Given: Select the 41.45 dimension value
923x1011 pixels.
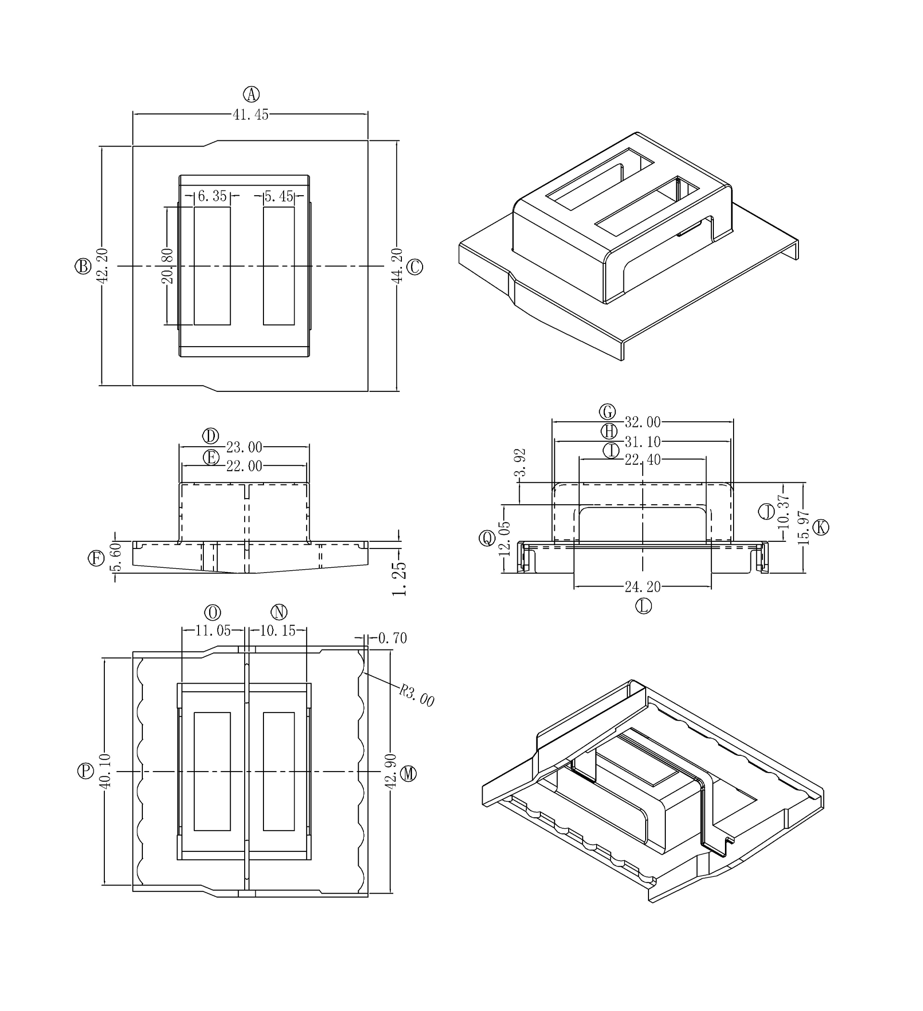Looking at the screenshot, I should [x=250, y=115].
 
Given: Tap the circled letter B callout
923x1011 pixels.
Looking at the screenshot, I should [x=83, y=266].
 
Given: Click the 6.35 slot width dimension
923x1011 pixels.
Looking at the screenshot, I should [x=212, y=196].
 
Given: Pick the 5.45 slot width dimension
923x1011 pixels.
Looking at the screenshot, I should [x=279, y=196].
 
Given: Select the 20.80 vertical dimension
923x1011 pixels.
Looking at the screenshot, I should [x=167, y=266].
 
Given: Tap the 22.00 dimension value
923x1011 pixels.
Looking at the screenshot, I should [x=244, y=466].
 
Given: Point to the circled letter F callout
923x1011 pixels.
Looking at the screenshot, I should [x=96, y=558].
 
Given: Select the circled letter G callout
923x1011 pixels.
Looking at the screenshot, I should [x=608, y=412].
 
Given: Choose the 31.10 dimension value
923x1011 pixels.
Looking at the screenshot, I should [x=642, y=442].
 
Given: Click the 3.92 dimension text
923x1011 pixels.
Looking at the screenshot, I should [x=521, y=462].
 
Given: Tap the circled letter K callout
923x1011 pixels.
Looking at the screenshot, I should [x=821, y=527].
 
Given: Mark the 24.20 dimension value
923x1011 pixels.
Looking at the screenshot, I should [x=642, y=586].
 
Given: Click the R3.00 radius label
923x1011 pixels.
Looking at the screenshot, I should [x=417, y=696].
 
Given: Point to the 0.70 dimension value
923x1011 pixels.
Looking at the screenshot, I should [x=393, y=638].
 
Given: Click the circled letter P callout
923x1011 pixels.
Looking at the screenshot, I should [x=86, y=771].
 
